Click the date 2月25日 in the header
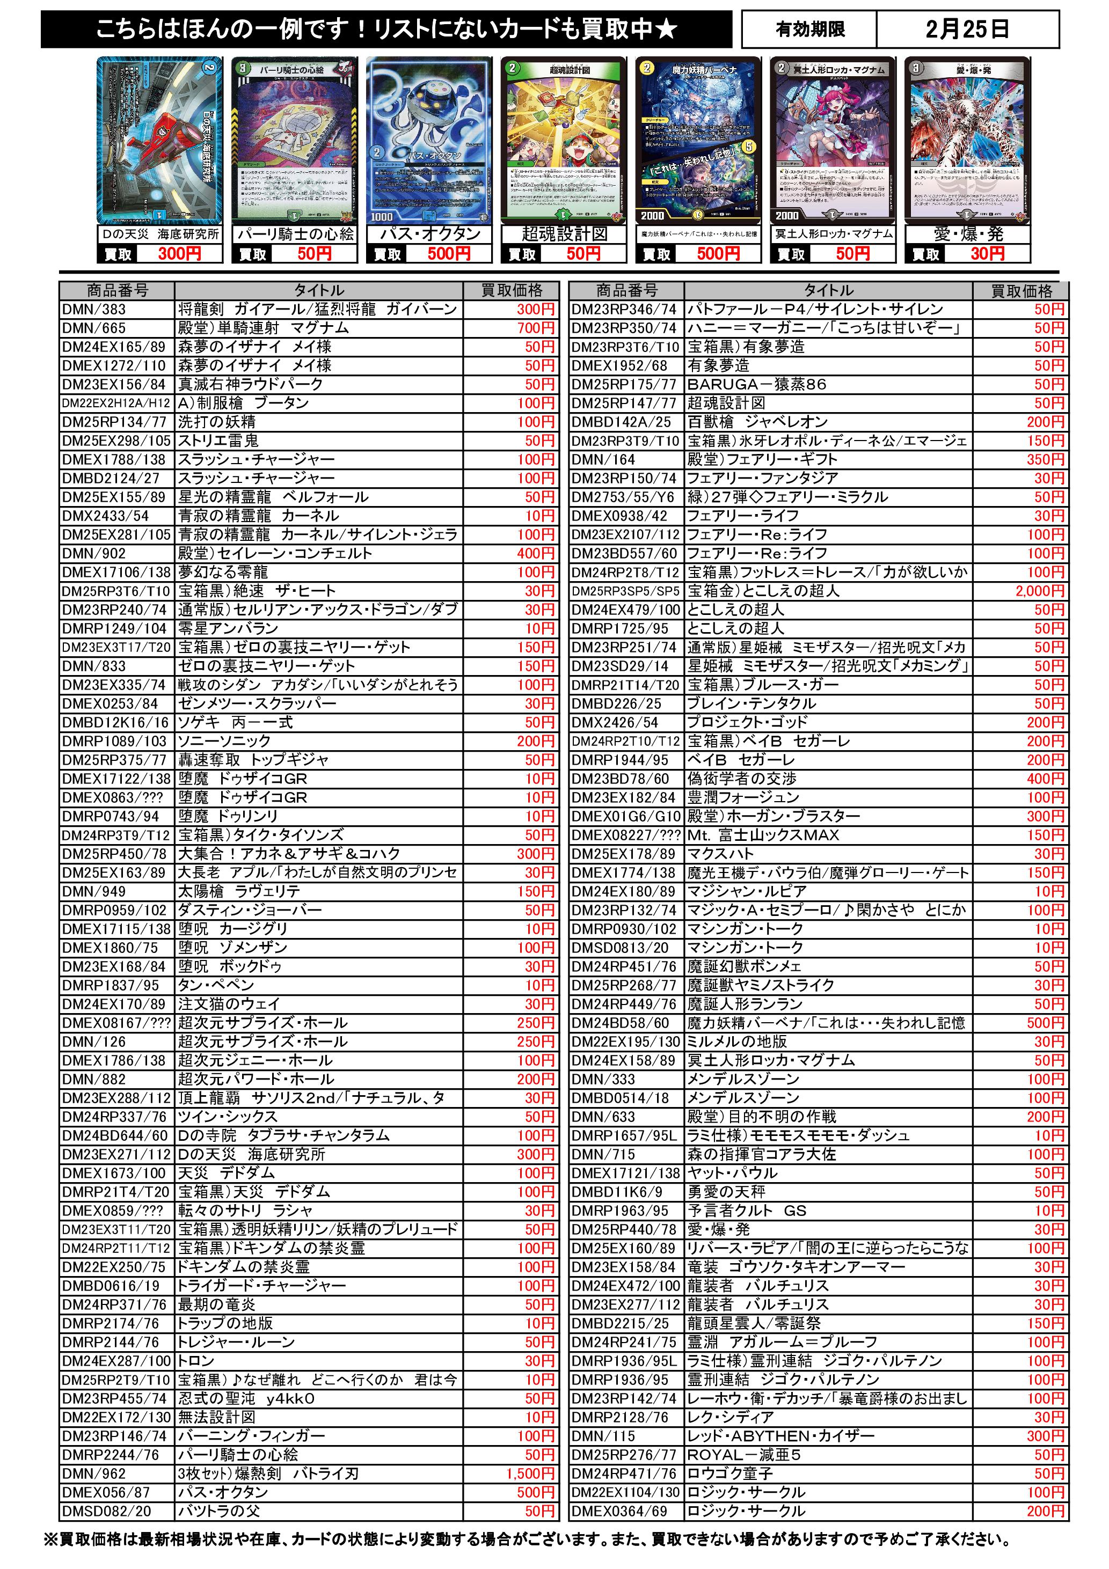(x=967, y=30)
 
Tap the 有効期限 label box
(x=809, y=30)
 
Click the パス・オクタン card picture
(x=429, y=140)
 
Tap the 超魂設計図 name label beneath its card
(x=564, y=234)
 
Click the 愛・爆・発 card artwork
(x=967, y=140)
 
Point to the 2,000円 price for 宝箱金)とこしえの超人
(x=1040, y=591)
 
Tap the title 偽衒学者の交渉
(x=742, y=779)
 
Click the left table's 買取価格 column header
(x=512, y=290)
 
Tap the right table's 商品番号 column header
(x=626, y=290)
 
